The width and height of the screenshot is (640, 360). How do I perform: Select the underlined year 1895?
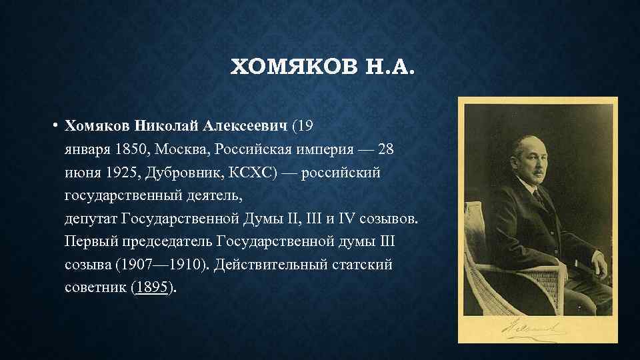152,287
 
